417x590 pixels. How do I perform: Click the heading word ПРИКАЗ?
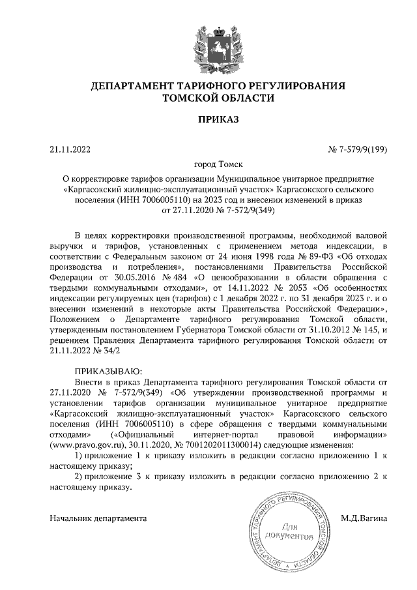click(x=208, y=119)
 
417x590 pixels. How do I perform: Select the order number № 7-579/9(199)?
click(x=357, y=149)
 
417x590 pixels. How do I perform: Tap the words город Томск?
click(x=208, y=165)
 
